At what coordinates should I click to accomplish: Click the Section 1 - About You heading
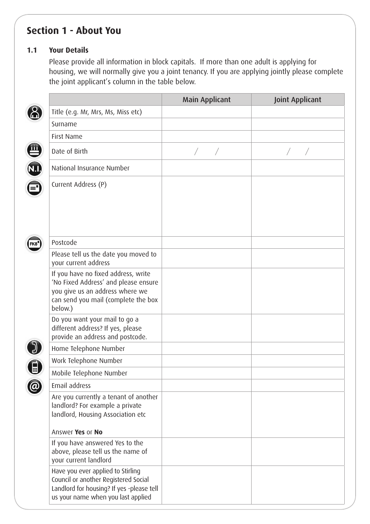74,31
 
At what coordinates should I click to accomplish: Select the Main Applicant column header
206,100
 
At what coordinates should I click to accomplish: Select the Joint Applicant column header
298,100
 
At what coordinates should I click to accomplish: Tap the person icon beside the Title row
35,113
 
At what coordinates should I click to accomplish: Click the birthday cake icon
35,150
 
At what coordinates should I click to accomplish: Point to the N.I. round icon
35,169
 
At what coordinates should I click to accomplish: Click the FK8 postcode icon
35,244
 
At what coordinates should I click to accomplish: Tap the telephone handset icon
35,347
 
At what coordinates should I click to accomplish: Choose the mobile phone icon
35,367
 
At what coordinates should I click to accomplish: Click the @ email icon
35,387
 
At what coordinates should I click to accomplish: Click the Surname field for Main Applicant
206,124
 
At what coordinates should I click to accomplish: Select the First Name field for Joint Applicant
298,136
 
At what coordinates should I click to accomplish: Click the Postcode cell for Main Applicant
206,243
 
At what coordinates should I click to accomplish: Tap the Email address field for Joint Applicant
298,386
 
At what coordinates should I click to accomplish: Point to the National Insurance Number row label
90,168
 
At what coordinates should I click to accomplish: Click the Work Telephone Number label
87,361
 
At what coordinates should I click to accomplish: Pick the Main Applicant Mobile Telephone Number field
206,373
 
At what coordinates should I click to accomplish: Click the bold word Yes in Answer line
79,432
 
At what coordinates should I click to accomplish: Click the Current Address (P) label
79,185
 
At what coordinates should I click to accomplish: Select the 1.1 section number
32,50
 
